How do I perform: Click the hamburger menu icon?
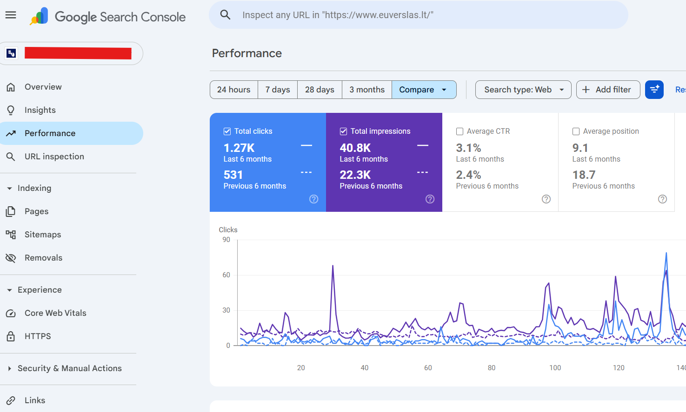pyautogui.click(x=11, y=15)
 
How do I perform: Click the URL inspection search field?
pyautogui.click(x=418, y=15)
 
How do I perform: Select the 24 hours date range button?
pyautogui.click(x=233, y=90)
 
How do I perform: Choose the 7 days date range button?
pyautogui.click(x=278, y=90)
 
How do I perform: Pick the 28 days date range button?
pyautogui.click(x=320, y=90)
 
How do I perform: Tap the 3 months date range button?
pyautogui.click(x=367, y=90)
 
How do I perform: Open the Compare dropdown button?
pyautogui.click(x=424, y=90)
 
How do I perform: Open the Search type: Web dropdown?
pyautogui.click(x=523, y=90)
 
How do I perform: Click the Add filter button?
pyautogui.click(x=608, y=90)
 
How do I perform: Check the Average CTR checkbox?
pyautogui.click(x=460, y=131)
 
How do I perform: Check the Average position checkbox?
pyautogui.click(x=576, y=131)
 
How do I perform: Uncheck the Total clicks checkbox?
pyautogui.click(x=227, y=131)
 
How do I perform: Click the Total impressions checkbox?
pyautogui.click(x=343, y=131)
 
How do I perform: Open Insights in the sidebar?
pyautogui.click(x=40, y=110)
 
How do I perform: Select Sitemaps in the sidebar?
pyautogui.click(x=43, y=235)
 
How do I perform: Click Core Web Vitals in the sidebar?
pyautogui.click(x=55, y=313)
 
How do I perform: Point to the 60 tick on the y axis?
pyautogui.click(x=226, y=275)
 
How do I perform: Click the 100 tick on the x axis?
pyautogui.click(x=555, y=368)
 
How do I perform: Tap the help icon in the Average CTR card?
pyautogui.click(x=546, y=199)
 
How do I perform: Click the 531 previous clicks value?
pyautogui.click(x=233, y=175)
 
